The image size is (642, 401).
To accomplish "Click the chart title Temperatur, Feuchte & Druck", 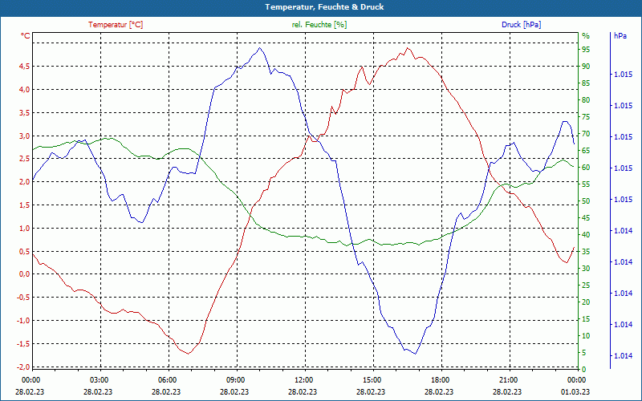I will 321,6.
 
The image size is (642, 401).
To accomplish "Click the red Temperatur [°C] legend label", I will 116,25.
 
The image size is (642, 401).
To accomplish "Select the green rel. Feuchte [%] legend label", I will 319,25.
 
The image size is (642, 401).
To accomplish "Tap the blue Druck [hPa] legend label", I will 521,25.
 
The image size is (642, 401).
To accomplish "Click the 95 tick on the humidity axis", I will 586,49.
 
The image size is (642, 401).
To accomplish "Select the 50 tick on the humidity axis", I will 586,201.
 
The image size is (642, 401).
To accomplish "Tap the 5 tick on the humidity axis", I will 584,353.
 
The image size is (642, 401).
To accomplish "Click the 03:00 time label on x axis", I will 99,379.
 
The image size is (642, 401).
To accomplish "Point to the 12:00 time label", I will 303,379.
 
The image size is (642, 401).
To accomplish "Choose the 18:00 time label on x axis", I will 440,379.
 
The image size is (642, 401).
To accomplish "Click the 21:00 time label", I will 508,379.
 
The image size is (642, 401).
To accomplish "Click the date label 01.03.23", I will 576,391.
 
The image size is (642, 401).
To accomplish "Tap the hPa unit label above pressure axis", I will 620,36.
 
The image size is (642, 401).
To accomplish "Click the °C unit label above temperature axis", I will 26,36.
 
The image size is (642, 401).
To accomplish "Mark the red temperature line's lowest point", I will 188,353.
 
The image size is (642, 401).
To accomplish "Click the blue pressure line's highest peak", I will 260,48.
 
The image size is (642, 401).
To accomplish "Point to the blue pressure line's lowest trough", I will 415,354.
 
